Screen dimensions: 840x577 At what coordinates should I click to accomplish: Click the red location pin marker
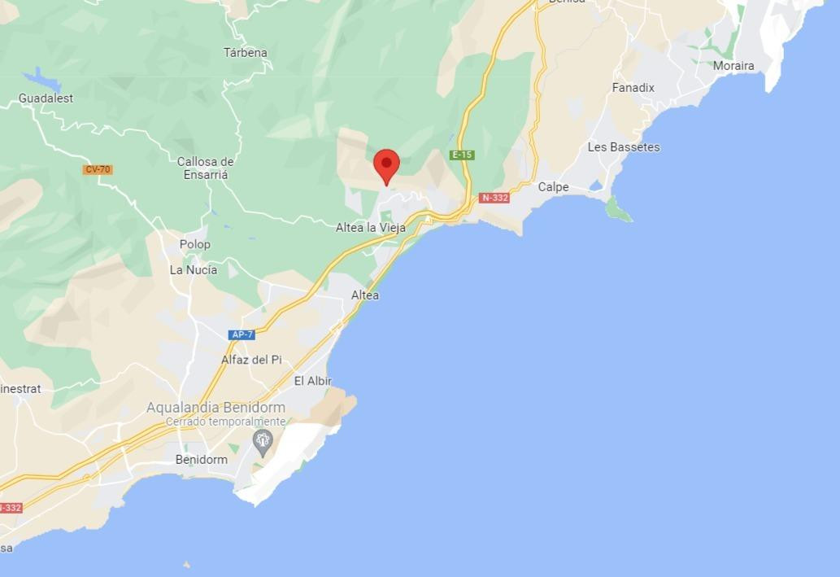pyautogui.click(x=386, y=165)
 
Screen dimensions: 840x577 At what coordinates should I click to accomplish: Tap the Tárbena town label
pyautogui.click(x=246, y=53)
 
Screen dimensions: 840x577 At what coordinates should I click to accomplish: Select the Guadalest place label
pyautogui.click(x=46, y=98)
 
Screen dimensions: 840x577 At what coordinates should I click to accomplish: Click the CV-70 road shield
pyautogui.click(x=97, y=169)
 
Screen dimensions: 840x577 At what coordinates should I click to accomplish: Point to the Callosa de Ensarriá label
pyautogui.click(x=205, y=168)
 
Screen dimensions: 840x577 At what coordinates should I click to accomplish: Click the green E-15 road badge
pyautogui.click(x=462, y=155)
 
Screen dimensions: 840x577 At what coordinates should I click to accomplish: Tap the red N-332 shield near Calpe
pyautogui.click(x=494, y=198)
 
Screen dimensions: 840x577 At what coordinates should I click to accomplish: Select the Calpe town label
pyautogui.click(x=554, y=187)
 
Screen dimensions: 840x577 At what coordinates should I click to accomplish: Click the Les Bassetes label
pyautogui.click(x=624, y=147)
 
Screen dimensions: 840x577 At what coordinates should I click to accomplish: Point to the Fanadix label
pyautogui.click(x=633, y=88)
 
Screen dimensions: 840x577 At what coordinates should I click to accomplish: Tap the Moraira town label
pyautogui.click(x=733, y=66)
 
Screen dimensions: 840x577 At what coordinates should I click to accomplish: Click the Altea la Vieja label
pyautogui.click(x=371, y=228)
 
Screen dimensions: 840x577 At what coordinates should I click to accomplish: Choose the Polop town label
pyautogui.click(x=194, y=244)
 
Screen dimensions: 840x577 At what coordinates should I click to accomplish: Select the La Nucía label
pyautogui.click(x=193, y=270)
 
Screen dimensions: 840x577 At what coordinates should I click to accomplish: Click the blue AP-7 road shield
pyautogui.click(x=242, y=334)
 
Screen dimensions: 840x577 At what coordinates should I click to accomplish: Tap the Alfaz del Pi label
pyautogui.click(x=251, y=360)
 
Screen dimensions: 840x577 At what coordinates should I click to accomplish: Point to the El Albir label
pyautogui.click(x=313, y=381)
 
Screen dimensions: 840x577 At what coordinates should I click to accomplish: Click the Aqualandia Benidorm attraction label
pyautogui.click(x=215, y=408)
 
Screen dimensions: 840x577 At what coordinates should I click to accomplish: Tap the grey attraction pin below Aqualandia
pyautogui.click(x=262, y=442)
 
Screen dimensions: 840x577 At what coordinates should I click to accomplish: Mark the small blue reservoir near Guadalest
pyautogui.click(x=41, y=80)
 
